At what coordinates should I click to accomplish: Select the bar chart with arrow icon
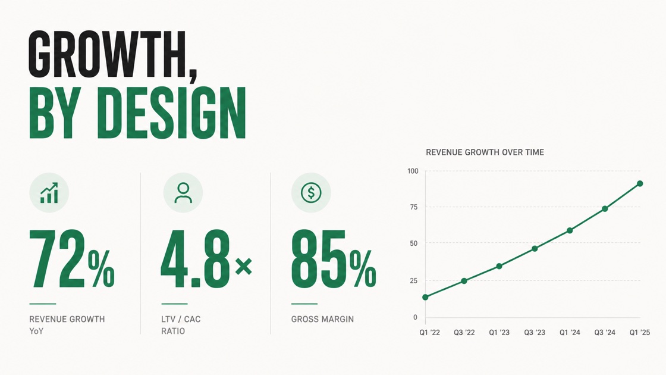pyautogui.click(x=49, y=193)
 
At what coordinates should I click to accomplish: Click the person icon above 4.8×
pyautogui.click(x=183, y=193)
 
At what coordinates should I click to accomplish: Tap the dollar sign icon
pyautogui.click(x=311, y=193)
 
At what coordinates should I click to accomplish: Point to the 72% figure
pyautogui.click(x=72, y=259)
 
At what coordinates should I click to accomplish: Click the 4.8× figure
pyautogui.click(x=206, y=259)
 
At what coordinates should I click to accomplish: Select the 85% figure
pyautogui.click(x=334, y=259)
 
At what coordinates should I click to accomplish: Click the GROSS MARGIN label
pyautogui.click(x=322, y=319)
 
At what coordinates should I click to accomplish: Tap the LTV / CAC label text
pyautogui.click(x=181, y=319)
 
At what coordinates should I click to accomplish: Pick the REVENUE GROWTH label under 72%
pyautogui.click(x=67, y=319)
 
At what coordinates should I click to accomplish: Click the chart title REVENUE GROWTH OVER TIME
pyautogui.click(x=485, y=152)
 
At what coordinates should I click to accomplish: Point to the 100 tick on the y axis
pyautogui.click(x=413, y=171)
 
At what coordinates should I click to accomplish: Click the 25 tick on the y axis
pyautogui.click(x=414, y=280)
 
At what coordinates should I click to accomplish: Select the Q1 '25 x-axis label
pyautogui.click(x=640, y=333)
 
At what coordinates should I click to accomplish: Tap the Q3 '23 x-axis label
pyautogui.click(x=535, y=333)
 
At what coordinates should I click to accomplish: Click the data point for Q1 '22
pyautogui.click(x=426, y=297)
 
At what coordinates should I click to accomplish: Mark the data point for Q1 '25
pyautogui.click(x=640, y=184)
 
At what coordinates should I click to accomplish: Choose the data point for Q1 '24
pyautogui.click(x=570, y=230)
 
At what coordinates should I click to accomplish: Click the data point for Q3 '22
pyautogui.click(x=464, y=281)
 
